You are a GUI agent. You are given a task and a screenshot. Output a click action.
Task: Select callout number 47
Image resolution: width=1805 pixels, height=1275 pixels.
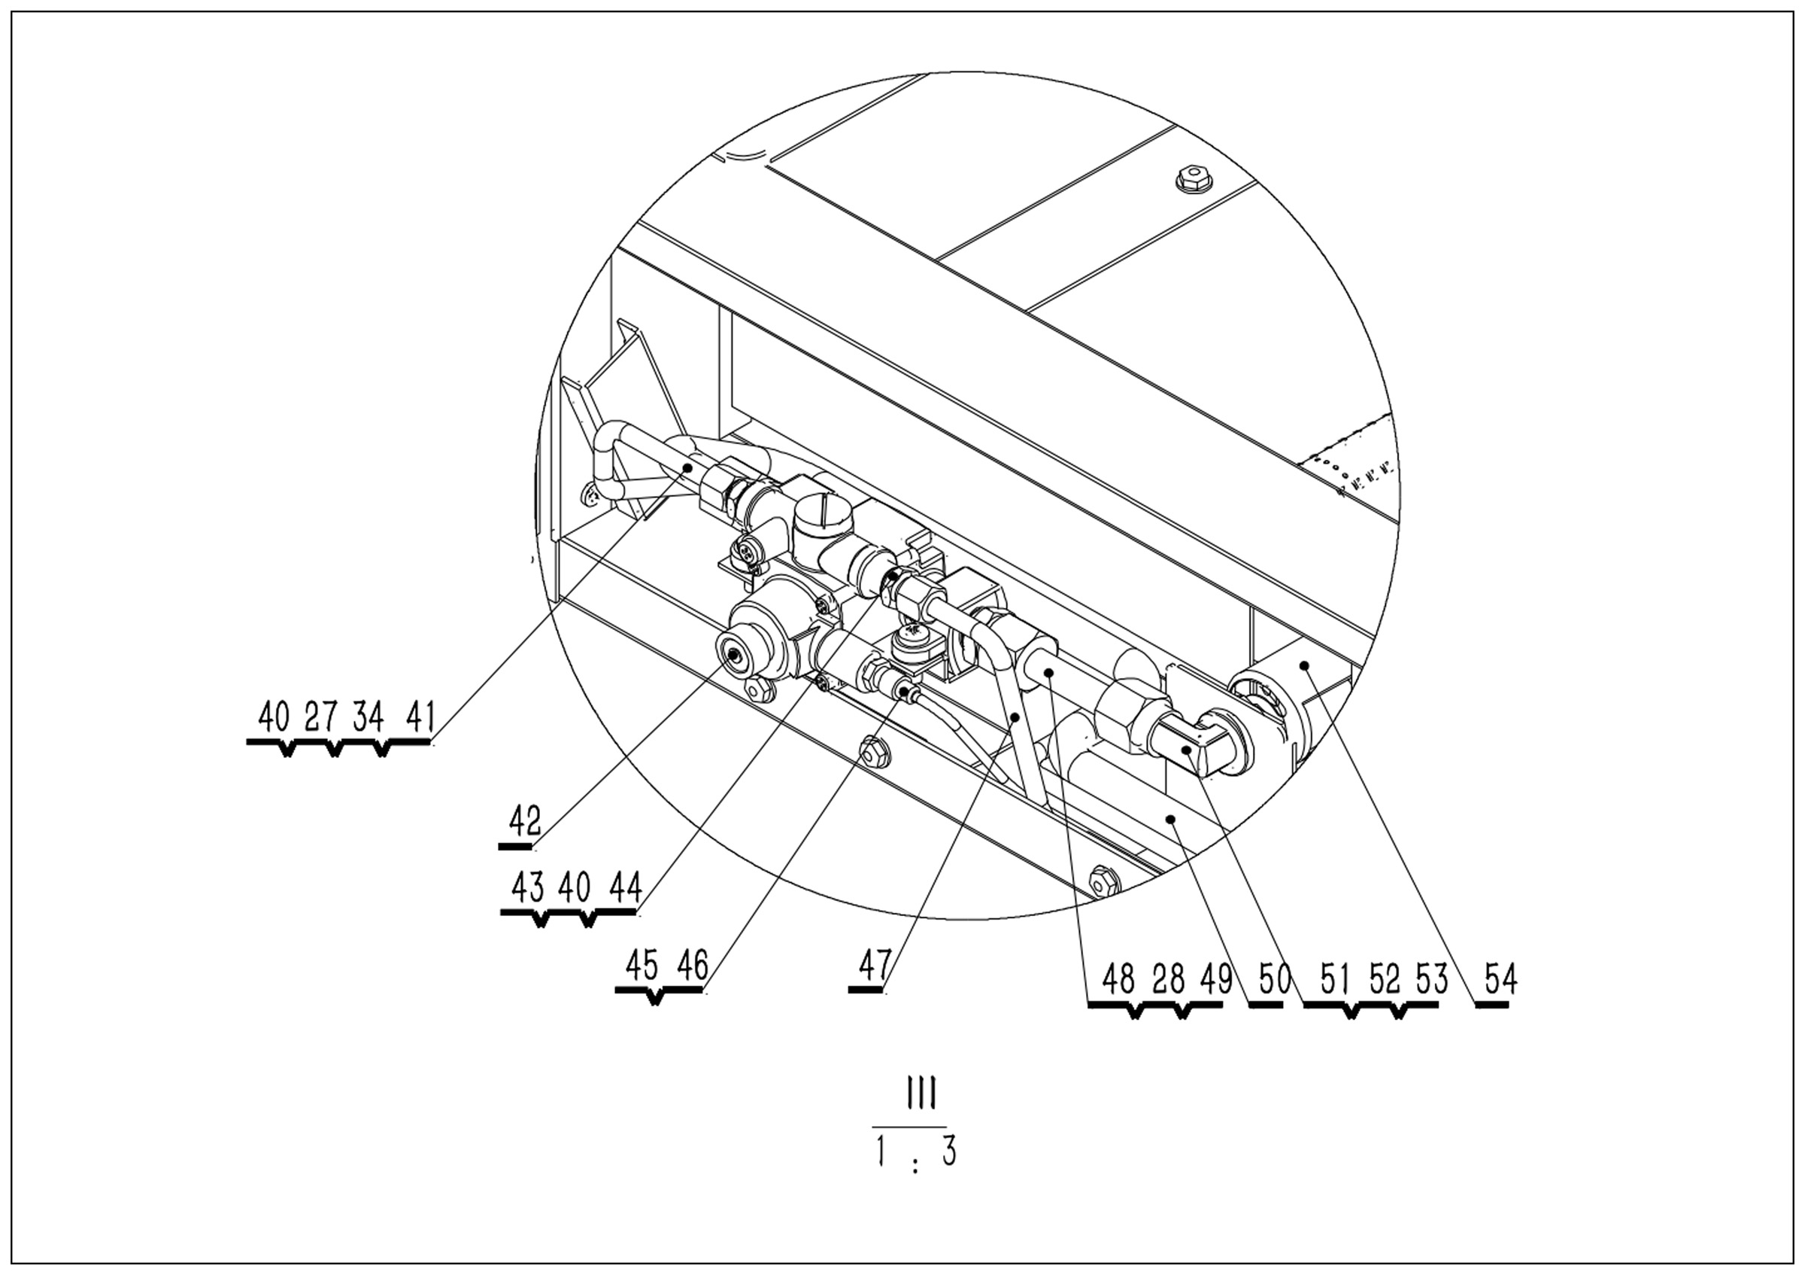(875, 965)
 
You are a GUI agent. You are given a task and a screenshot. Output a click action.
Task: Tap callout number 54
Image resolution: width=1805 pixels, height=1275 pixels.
(1500, 980)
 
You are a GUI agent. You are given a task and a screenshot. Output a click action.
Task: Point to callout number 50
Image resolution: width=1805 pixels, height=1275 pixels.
(1274, 980)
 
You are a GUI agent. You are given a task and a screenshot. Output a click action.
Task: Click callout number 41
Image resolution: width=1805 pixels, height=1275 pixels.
(420, 717)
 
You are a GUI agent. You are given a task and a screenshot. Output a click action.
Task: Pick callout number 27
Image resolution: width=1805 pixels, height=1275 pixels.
(320, 717)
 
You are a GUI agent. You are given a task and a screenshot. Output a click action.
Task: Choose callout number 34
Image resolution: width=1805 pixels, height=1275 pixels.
(368, 717)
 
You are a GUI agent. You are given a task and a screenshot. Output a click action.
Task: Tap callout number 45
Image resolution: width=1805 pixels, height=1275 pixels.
(642, 966)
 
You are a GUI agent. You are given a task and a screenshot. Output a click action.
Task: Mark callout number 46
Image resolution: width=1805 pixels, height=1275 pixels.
(692, 966)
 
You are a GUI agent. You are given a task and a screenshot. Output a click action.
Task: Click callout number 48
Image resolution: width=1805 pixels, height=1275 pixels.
(1118, 980)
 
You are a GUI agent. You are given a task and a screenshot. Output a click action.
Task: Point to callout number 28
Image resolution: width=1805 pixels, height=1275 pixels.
(1168, 980)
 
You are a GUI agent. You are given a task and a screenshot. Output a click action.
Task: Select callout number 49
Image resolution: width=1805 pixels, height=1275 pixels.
(1216, 980)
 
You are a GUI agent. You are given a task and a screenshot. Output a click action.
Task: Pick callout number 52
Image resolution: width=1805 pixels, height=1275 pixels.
(1385, 980)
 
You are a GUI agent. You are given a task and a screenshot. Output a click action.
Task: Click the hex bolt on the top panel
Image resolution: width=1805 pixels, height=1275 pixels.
(1194, 180)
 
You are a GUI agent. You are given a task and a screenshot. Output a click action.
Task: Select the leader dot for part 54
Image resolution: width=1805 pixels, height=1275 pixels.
(1304, 665)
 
